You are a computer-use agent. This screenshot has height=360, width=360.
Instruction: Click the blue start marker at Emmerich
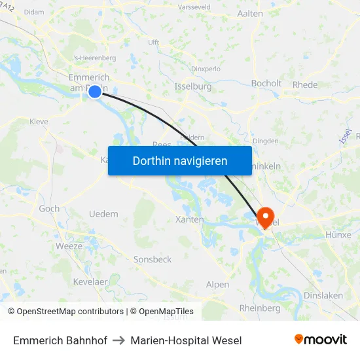pos(95,92)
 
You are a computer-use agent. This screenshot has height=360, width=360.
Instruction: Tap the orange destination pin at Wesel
pos(266,217)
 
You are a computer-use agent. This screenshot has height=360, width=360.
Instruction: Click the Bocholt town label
pos(266,83)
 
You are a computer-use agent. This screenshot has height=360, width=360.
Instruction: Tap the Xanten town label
pos(190,220)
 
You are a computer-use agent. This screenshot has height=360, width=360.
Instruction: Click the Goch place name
pos(49,209)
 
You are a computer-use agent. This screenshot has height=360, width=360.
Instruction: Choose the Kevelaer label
pos(90,281)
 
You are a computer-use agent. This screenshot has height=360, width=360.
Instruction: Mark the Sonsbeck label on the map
pos(153,259)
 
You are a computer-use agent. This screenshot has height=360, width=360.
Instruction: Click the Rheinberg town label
pos(260,308)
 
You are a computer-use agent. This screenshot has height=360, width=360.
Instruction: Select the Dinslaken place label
pos(323,295)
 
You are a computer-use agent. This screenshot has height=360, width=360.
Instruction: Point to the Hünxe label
pos(338,234)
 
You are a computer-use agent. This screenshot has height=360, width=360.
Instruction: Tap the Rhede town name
pos(305,84)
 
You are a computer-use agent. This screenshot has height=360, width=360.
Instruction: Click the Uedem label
pos(103,214)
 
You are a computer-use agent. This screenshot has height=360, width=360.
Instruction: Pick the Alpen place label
pos(217,284)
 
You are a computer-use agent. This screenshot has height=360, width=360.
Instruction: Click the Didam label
pos(33,12)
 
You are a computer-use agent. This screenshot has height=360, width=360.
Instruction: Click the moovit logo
pos(320,340)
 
